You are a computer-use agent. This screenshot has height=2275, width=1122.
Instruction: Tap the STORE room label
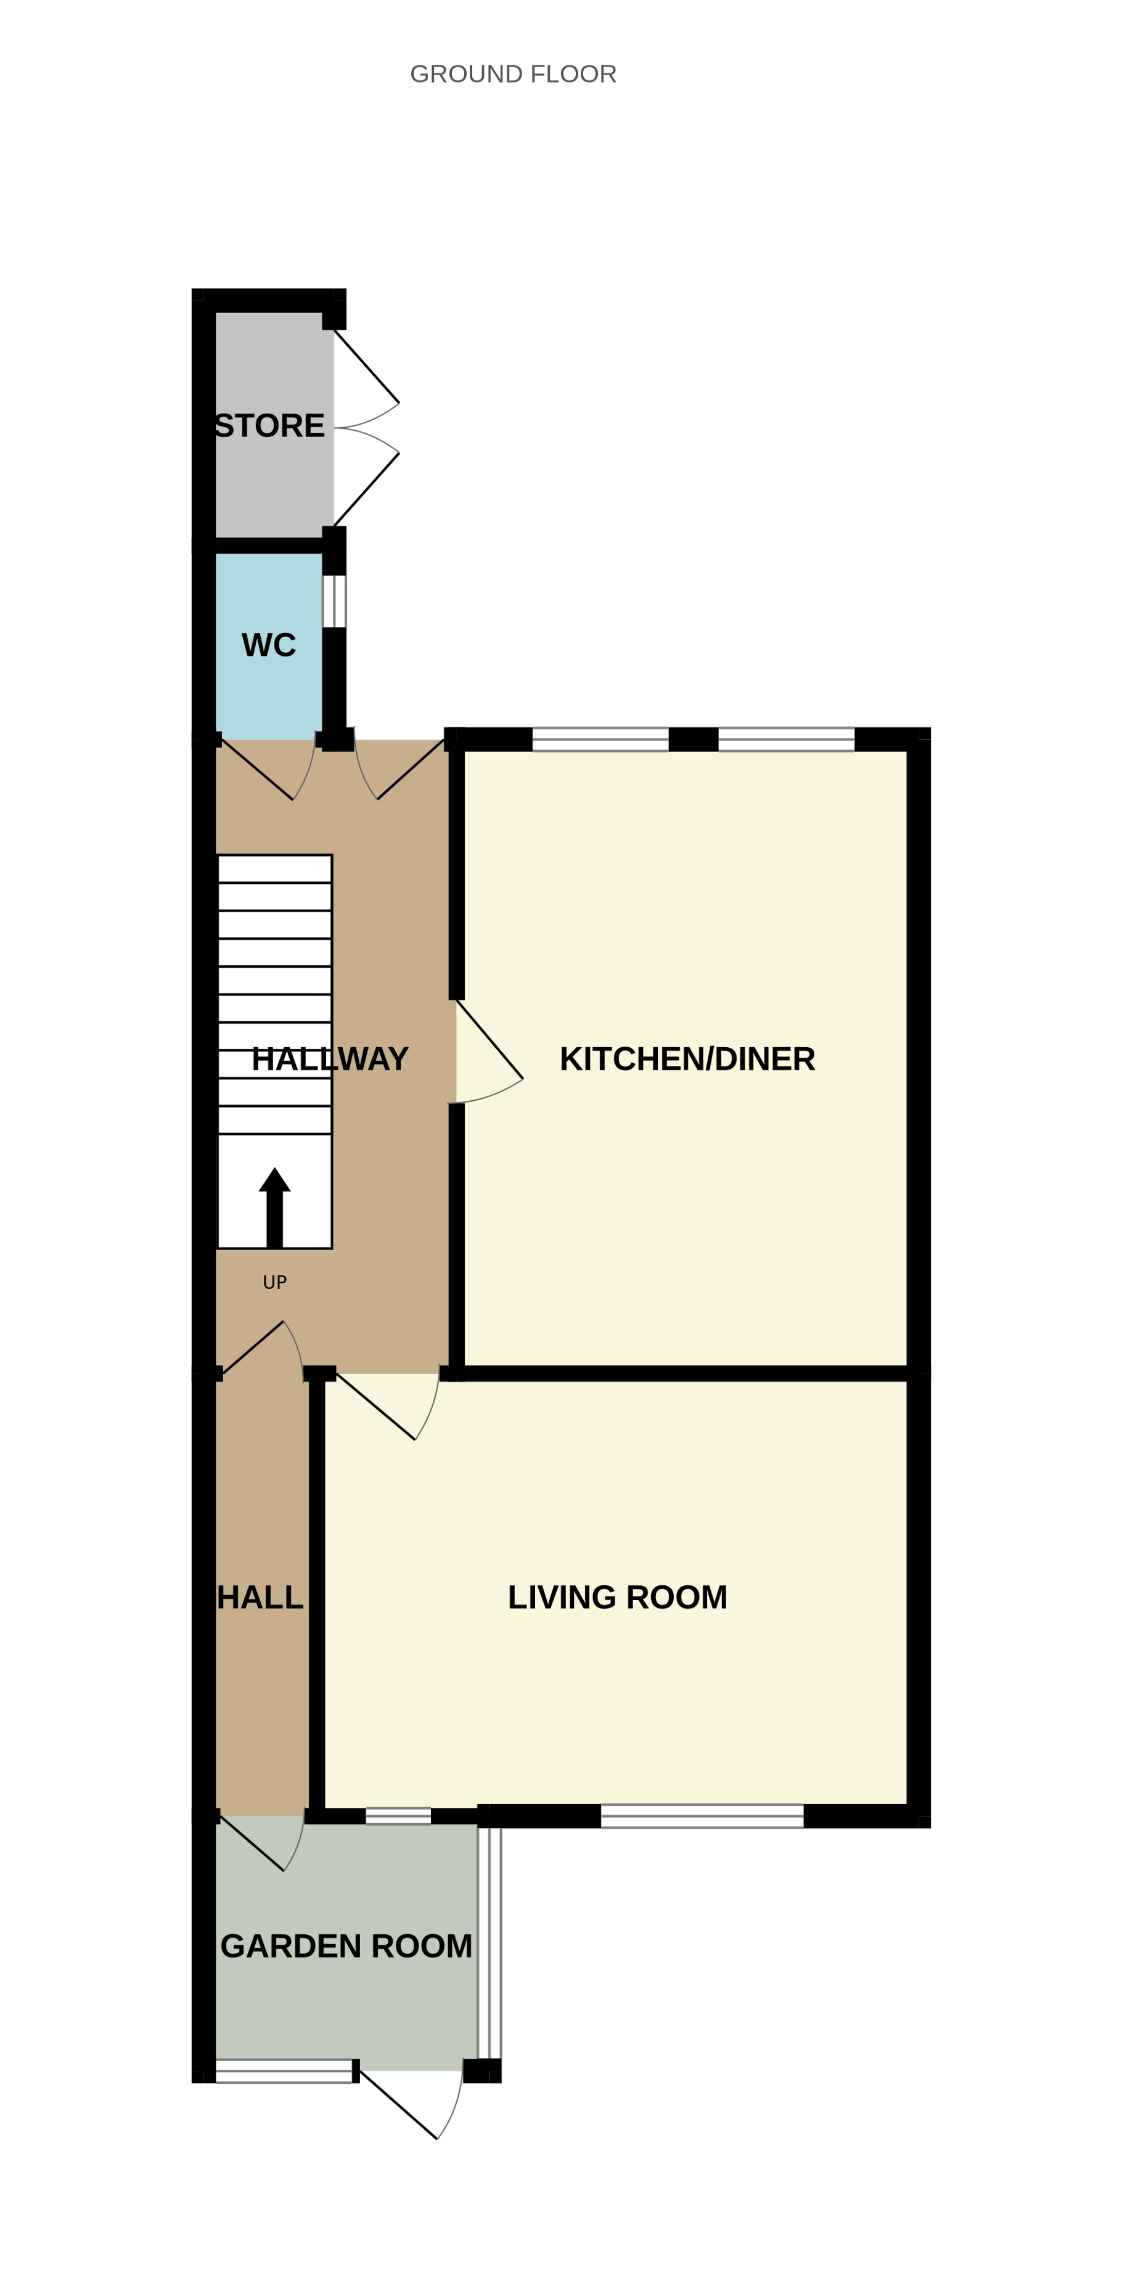(x=269, y=426)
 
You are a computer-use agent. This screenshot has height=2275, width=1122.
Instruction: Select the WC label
(x=269, y=645)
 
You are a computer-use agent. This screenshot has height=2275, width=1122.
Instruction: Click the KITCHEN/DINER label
(x=687, y=1059)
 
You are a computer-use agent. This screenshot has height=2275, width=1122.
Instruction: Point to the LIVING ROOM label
(x=618, y=1597)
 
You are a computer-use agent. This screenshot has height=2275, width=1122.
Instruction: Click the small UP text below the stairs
(x=275, y=1282)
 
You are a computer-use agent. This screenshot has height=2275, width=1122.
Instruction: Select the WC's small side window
(x=334, y=602)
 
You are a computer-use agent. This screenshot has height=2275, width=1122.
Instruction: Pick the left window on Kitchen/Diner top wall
(x=600, y=739)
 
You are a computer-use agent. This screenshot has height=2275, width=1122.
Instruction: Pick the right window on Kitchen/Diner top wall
(x=786, y=739)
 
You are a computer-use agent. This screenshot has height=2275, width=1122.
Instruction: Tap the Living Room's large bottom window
(x=702, y=1816)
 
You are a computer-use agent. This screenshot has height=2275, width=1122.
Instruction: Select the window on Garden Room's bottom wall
(x=284, y=2071)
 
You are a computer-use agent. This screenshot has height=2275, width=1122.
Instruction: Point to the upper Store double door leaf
(x=365, y=369)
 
